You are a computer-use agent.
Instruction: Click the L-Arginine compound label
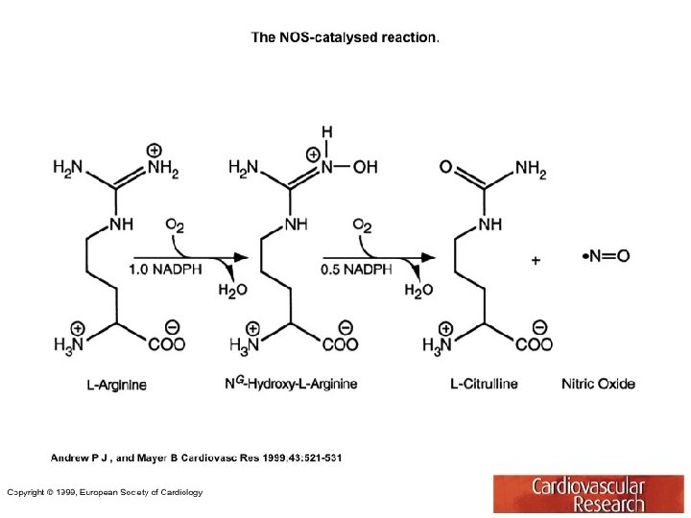pyautogui.click(x=117, y=385)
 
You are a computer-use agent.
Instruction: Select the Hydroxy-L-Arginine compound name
pyautogui.click(x=291, y=384)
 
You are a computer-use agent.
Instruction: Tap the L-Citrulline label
pyautogui.click(x=484, y=384)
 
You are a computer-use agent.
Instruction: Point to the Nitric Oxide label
pyautogui.click(x=598, y=384)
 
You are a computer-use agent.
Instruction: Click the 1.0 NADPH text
pyautogui.click(x=165, y=270)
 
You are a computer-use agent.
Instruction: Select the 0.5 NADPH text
pyautogui.click(x=356, y=270)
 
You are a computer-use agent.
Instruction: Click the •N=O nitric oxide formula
pyautogui.click(x=607, y=256)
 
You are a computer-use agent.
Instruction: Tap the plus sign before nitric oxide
pyautogui.click(x=536, y=259)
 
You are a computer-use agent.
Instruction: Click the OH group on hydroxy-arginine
pyautogui.click(x=365, y=167)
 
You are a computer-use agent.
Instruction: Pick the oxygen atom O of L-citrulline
pyautogui.click(x=446, y=167)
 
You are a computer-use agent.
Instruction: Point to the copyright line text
pyautogui.click(x=105, y=492)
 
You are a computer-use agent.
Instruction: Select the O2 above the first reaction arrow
pyautogui.click(x=176, y=226)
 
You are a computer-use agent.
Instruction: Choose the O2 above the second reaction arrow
pyautogui.click(x=363, y=226)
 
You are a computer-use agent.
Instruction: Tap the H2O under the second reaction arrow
pyautogui.click(x=418, y=291)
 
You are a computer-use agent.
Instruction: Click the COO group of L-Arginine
pyautogui.click(x=166, y=344)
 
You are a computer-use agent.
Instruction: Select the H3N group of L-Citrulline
pyautogui.click(x=441, y=344)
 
